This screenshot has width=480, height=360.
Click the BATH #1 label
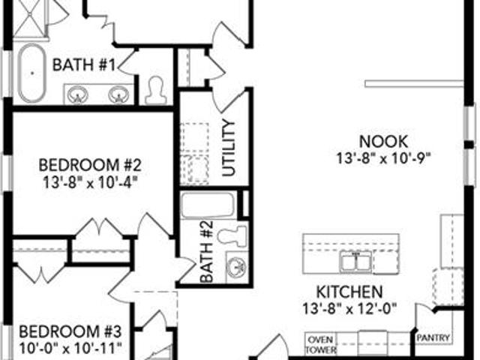pyautogui.click(x=84, y=65)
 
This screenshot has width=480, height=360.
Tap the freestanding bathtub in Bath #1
pyautogui.click(x=31, y=73)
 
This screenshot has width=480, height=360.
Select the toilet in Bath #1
pyautogui.click(x=155, y=90)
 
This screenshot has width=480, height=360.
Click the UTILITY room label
pyautogui.click(x=229, y=148)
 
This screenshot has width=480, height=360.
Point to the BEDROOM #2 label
pyautogui.click(x=90, y=165)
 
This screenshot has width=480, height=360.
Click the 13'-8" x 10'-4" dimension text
pyautogui.click(x=89, y=183)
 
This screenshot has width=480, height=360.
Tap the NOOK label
pyautogui.click(x=383, y=142)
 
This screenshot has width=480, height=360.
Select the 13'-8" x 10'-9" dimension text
pyautogui.click(x=383, y=158)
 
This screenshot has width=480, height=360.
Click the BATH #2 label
pyautogui.click(x=207, y=252)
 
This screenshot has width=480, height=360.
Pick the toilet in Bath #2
pyautogui.click(x=232, y=235)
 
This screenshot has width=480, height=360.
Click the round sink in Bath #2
pyautogui.click(x=236, y=267)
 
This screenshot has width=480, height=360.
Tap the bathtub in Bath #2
pyautogui.click(x=207, y=205)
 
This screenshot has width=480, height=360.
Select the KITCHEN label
pyautogui.click(x=349, y=292)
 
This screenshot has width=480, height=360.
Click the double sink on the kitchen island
pyautogui.click(x=355, y=262)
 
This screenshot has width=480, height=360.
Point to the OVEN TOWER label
pyautogui.click(x=320, y=344)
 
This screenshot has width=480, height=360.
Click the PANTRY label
pyautogui.click(x=433, y=338)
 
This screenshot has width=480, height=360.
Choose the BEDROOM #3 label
pyautogui.click(x=70, y=331)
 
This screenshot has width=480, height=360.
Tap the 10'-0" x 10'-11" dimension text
pyautogui.click(x=70, y=348)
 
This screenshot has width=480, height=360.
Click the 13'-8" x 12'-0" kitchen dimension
pyautogui.click(x=349, y=308)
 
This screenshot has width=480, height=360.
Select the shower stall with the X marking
pyautogui.click(x=29, y=19)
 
